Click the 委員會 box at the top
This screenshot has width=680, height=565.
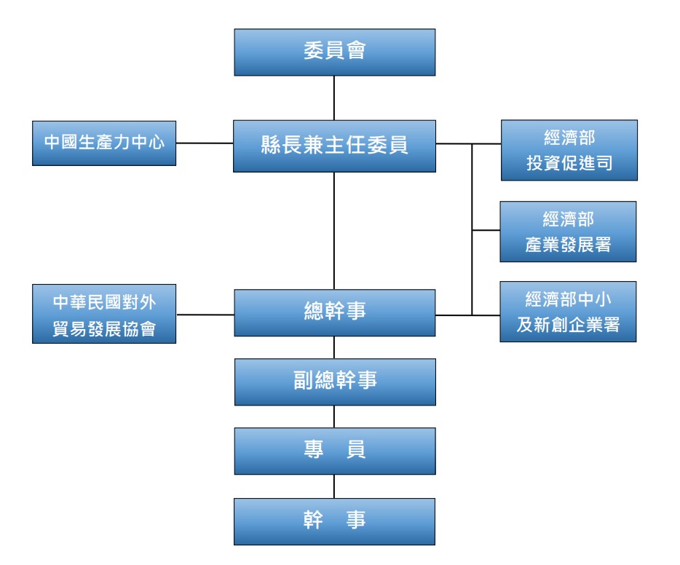[334, 52]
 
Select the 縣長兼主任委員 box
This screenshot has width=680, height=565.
[334, 146]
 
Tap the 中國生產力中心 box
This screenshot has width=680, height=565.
[104, 143]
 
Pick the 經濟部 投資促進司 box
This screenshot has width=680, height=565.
[569, 150]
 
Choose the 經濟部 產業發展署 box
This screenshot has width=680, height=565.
[568, 232]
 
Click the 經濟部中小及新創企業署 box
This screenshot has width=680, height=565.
[568, 312]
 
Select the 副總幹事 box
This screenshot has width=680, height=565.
[335, 382]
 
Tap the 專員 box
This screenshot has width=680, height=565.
[334, 451]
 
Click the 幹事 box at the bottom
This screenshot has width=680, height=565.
[334, 521]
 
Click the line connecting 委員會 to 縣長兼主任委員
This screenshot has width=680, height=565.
[334, 98]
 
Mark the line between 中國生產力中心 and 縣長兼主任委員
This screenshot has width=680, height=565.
[205, 143]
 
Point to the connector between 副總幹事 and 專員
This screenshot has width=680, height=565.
[334, 416]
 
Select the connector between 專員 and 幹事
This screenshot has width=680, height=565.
[334, 486]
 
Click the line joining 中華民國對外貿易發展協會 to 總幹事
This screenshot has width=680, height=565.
[205, 315]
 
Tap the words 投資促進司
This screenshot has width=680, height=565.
[569, 164]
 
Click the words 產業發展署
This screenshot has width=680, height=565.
[568, 245]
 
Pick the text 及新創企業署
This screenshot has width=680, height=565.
[568, 325]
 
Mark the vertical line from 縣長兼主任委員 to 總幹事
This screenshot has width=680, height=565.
[334, 230]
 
